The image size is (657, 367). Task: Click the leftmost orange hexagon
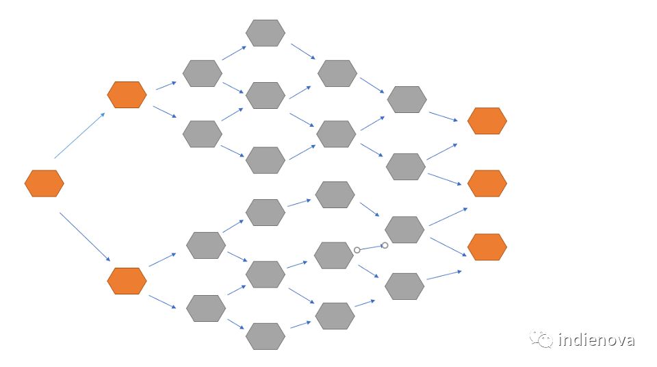[x=44, y=183]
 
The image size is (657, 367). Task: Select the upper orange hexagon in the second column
[x=127, y=94]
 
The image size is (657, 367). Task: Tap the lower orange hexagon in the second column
[x=127, y=281]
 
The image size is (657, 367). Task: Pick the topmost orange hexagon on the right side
[x=487, y=121]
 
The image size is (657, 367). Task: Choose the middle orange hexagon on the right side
[x=487, y=183]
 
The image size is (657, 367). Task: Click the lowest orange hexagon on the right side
[x=487, y=246]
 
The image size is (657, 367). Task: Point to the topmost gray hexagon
[x=266, y=33]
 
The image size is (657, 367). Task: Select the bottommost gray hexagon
[x=266, y=336]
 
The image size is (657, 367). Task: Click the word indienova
[x=596, y=340]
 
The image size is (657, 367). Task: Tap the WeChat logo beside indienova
[x=542, y=339]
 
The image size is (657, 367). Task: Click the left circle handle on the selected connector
[x=357, y=250]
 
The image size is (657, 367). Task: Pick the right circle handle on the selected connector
[x=385, y=245]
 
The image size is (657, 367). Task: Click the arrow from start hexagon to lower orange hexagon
[x=84, y=236]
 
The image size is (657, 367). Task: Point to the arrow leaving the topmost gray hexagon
[x=302, y=51]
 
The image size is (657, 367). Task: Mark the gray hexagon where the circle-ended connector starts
[x=334, y=255]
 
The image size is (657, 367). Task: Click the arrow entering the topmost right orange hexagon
[x=443, y=116]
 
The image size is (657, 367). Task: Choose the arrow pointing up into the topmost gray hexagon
[x=235, y=53]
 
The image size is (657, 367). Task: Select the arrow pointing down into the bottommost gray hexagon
[x=236, y=323]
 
